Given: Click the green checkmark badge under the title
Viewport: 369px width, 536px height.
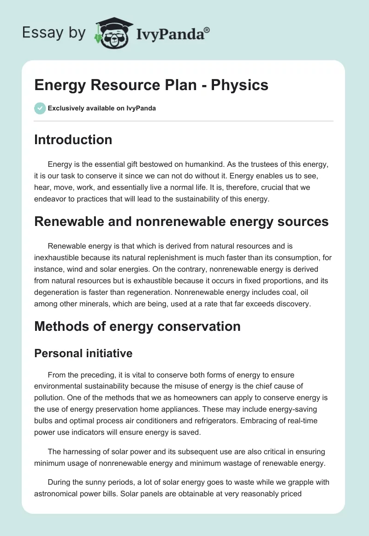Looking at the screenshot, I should pos(40,108).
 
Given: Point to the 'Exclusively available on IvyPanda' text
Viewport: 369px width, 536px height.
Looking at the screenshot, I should pos(102,109).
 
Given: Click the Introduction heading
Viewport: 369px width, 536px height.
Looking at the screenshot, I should pos(73,140).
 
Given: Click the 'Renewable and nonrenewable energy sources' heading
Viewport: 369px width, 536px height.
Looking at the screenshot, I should pos(181,221).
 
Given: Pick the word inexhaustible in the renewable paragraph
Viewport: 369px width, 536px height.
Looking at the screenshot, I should pos(59,257).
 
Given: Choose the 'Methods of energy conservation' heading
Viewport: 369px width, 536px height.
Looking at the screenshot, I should pos(137,326).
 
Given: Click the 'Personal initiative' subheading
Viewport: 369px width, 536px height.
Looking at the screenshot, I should pos(83,353).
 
